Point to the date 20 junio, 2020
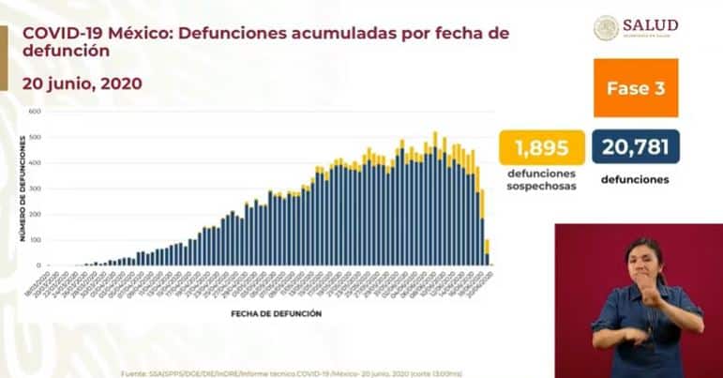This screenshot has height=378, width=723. point(82,83)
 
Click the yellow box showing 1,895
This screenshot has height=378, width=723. point(540,147)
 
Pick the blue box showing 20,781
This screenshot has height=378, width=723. point(635,147)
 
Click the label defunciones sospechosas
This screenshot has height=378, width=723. point(540,180)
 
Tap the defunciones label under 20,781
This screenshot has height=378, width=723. point(635,179)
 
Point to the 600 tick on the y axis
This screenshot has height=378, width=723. point(36,112)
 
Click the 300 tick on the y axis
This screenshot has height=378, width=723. point(36,189)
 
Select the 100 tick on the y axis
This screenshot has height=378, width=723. point(36,240)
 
